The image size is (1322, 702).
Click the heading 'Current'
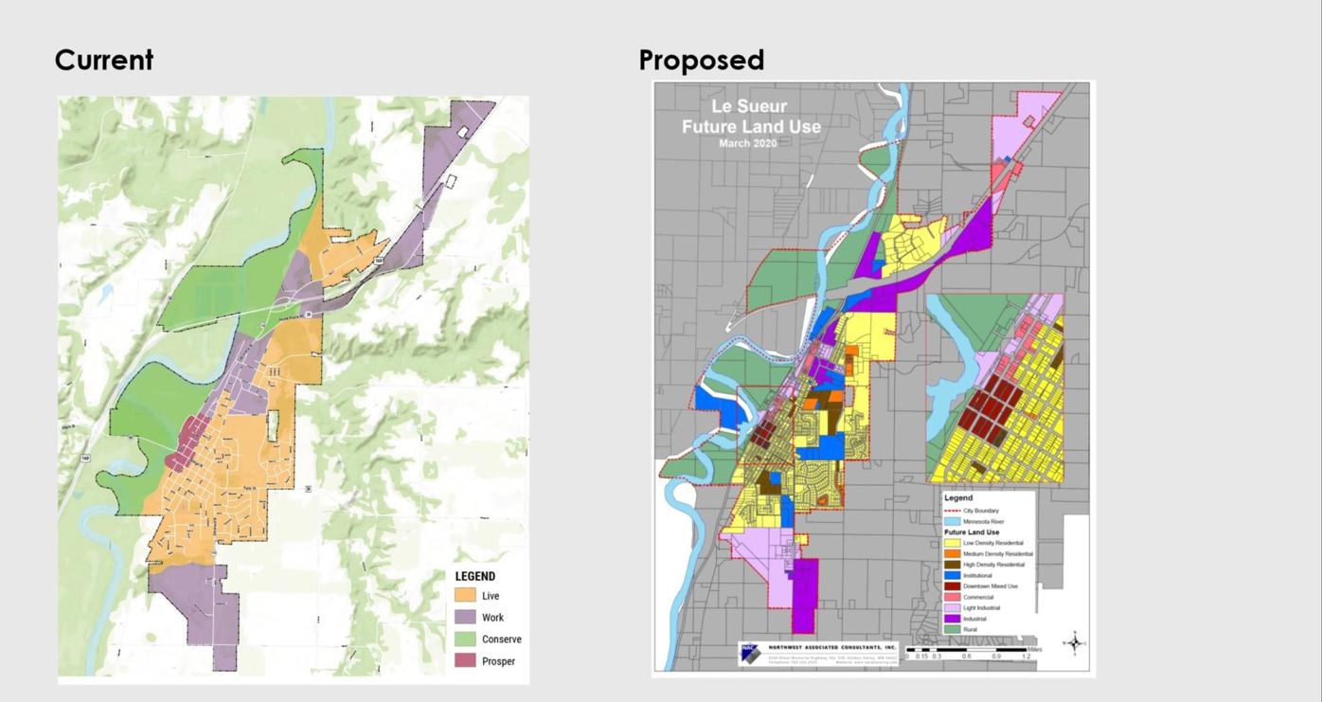point(104,60)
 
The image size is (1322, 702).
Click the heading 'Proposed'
point(701,60)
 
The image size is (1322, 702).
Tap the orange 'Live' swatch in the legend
point(465,596)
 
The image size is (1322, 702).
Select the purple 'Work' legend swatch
point(465,618)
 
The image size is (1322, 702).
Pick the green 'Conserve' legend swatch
point(465,639)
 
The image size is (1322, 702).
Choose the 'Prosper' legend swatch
point(465,661)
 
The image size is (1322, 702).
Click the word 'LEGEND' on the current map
point(474,576)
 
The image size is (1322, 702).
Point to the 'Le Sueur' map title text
point(749,107)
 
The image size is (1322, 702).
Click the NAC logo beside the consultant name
point(750,654)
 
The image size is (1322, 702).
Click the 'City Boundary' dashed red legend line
point(951,511)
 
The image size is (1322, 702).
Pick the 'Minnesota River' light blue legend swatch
point(951,521)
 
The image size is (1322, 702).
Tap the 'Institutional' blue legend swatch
point(951,575)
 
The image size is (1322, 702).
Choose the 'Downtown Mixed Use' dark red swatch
point(951,586)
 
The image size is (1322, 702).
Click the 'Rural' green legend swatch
point(951,629)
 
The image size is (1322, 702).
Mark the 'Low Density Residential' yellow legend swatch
point(951,543)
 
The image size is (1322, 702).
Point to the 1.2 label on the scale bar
point(1026,656)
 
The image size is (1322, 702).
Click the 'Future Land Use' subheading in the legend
point(975,532)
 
